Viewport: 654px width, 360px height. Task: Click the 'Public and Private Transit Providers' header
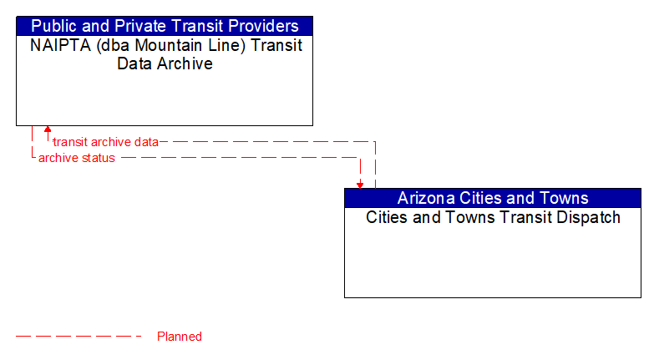tap(165, 26)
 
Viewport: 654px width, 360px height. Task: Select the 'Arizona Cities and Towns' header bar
tap(493, 198)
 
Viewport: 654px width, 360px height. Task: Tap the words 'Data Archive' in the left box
tap(165, 63)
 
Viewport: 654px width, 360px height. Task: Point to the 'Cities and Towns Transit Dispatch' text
tap(493, 218)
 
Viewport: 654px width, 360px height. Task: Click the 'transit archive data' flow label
tap(105, 142)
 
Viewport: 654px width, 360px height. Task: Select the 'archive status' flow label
tap(77, 158)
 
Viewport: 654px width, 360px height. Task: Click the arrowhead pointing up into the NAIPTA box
tap(48, 129)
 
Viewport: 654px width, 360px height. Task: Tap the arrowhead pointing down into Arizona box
tap(360, 185)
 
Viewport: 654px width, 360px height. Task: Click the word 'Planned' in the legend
tap(180, 337)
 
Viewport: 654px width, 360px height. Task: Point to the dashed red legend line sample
tap(79, 337)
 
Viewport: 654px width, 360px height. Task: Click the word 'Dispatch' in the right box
tap(589, 218)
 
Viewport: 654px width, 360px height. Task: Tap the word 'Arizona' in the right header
tap(427, 198)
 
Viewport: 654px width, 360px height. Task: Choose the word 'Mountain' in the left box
tap(172, 45)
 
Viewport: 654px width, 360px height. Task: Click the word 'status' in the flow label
tap(99, 158)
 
